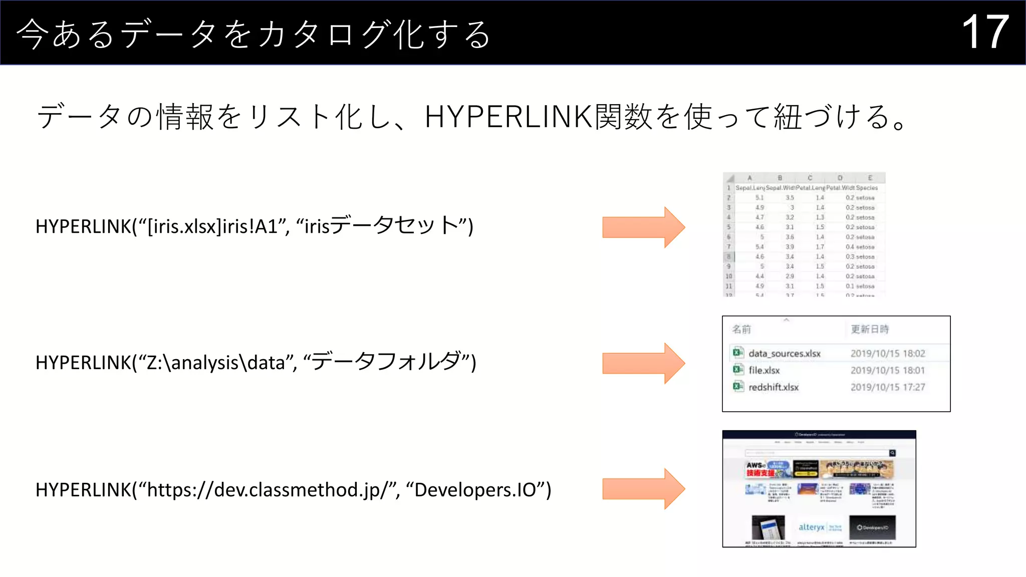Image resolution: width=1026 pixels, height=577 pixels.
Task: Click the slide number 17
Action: pos(985,32)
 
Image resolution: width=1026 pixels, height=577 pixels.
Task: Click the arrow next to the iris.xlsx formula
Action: pos(643,227)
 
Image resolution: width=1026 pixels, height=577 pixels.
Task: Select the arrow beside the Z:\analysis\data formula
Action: pos(643,363)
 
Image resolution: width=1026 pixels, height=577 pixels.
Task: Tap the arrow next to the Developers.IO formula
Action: pos(643,489)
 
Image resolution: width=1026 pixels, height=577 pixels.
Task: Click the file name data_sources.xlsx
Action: pos(784,354)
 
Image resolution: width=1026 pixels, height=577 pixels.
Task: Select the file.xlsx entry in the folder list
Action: pos(764,371)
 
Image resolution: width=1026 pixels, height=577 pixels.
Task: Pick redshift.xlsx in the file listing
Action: pos(773,387)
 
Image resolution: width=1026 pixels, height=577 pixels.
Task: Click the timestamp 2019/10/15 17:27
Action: pos(887,387)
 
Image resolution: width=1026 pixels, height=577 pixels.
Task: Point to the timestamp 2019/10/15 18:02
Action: pos(887,354)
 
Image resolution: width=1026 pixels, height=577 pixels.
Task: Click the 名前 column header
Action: pos(741,330)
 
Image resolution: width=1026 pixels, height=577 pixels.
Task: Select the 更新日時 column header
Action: pos(870,330)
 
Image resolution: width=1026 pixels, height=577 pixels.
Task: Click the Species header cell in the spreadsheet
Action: pos(867,188)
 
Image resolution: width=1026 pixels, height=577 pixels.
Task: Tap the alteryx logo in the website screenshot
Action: pos(812,527)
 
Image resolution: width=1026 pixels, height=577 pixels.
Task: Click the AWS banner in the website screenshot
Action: pos(766,469)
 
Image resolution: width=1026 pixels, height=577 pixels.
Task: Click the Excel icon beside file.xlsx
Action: pos(738,370)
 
